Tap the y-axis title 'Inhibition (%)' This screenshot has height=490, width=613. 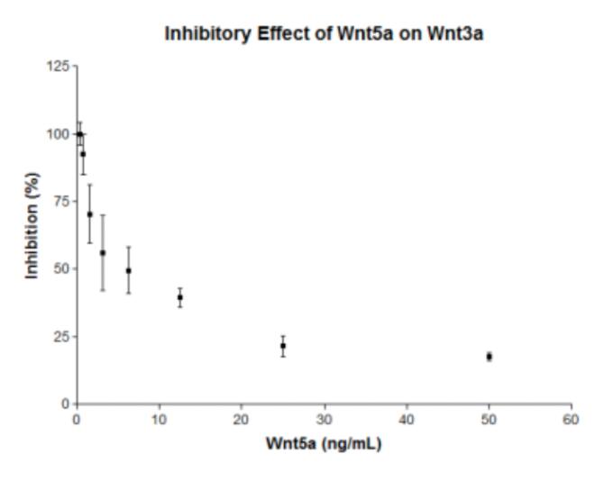tap(32, 233)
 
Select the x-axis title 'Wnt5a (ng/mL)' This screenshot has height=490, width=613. tap(324, 444)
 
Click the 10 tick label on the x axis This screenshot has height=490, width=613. tap(159, 420)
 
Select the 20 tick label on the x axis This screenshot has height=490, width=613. tap(242, 420)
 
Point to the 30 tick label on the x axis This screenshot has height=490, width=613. tap(324, 420)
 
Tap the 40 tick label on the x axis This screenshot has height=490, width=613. tap(407, 420)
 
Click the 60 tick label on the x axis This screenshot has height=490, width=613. tap(572, 420)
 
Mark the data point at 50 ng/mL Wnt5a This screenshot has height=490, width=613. tap(489, 357)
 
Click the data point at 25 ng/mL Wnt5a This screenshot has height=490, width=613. tap(283, 346)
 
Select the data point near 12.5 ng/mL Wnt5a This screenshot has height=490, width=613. tap(180, 297)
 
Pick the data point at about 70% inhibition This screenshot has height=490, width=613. tap(89, 214)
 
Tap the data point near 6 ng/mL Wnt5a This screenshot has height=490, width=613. tap(128, 270)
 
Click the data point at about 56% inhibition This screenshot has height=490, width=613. tap(103, 253)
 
